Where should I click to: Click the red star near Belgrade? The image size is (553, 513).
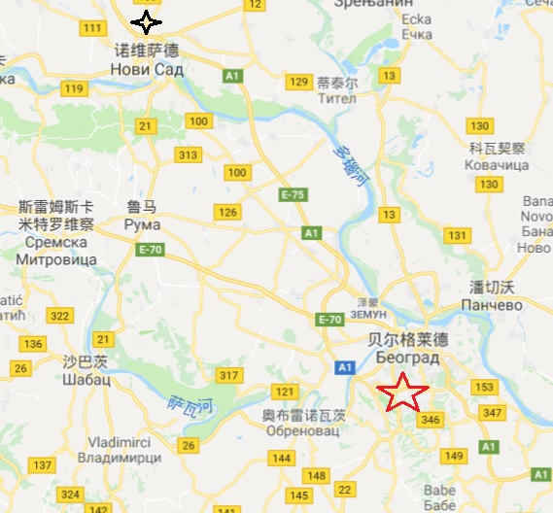tap(401, 393)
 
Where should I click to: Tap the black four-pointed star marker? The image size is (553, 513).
tap(146, 21)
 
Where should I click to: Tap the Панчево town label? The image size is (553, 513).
tap(496, 304)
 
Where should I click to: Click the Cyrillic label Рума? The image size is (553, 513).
tap(142, 224)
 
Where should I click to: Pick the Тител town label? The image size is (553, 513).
tap(336, 99)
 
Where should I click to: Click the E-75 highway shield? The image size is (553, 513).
tap(293, 194)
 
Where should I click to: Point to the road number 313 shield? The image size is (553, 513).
tap(189, 155)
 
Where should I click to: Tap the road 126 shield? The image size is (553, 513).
tap(227, 212)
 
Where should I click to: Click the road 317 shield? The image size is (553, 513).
tap(229, 376)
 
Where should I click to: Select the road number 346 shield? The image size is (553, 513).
tap(431, 420)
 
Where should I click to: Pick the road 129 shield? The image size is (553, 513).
tap(298, 82)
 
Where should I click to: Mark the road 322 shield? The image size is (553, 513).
tap(60, 316)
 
